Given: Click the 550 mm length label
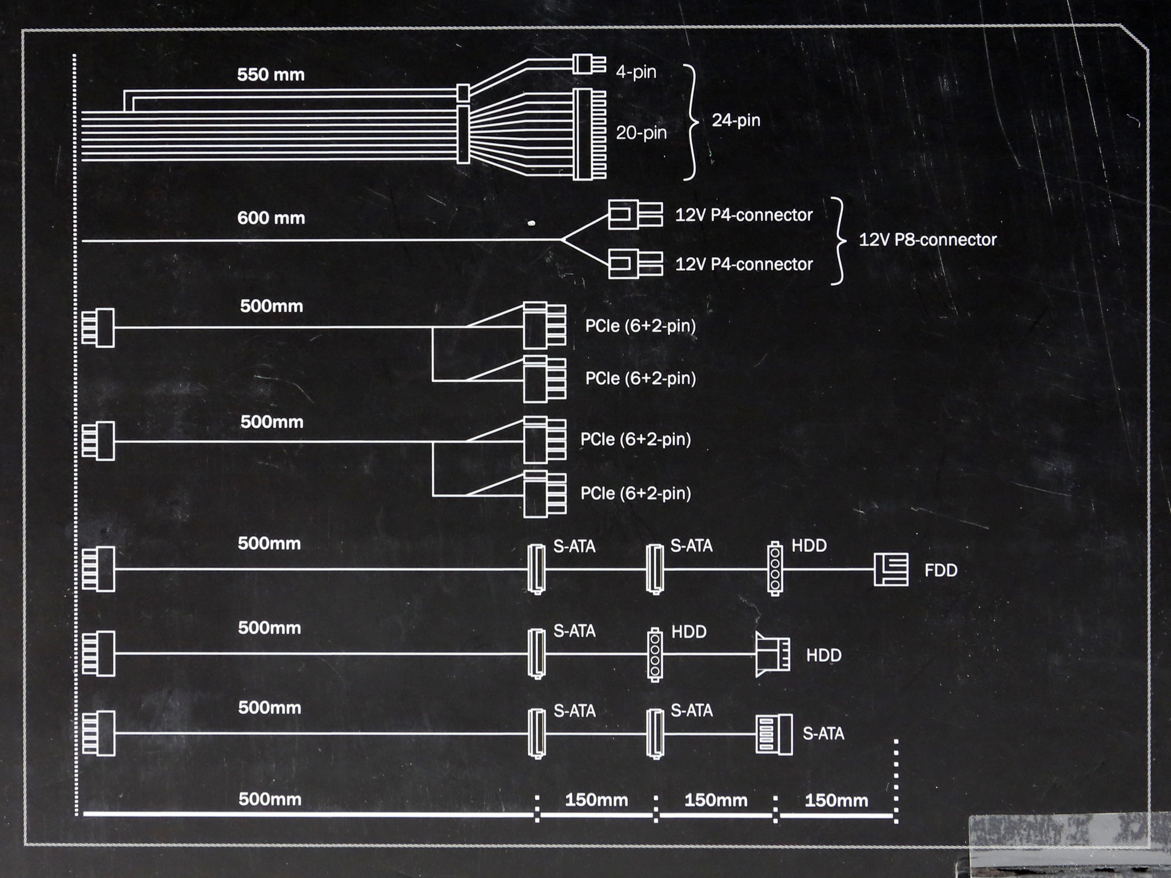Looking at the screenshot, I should pos(270,75).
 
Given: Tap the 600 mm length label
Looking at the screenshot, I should pos(270,218).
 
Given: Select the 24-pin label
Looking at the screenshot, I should pos(736,120).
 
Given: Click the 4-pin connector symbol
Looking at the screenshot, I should pos(587,64).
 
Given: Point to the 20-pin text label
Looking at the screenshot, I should pos(641,133).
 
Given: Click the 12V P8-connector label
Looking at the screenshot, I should pos(927,240).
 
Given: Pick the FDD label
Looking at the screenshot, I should pos(941,570).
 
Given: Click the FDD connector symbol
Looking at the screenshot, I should pos(891,569).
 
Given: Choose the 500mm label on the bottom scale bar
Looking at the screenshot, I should pos(269,799).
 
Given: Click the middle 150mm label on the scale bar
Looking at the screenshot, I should pos(715,800).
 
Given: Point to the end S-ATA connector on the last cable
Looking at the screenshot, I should pos(774,735).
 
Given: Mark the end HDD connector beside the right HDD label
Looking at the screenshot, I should pos(772,654).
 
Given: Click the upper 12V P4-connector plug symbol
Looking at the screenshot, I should pos(635,215).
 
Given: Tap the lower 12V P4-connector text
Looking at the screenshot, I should pos(743,264).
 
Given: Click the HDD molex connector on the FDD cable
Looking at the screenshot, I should pos(775,569).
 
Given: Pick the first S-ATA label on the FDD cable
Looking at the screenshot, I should pos(574,546).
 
